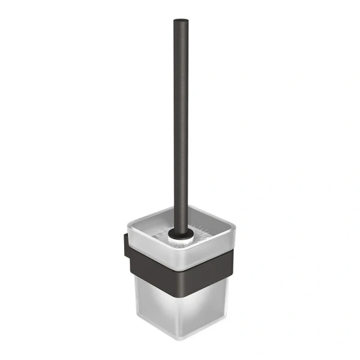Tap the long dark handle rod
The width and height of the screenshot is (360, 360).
(180, 120)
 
